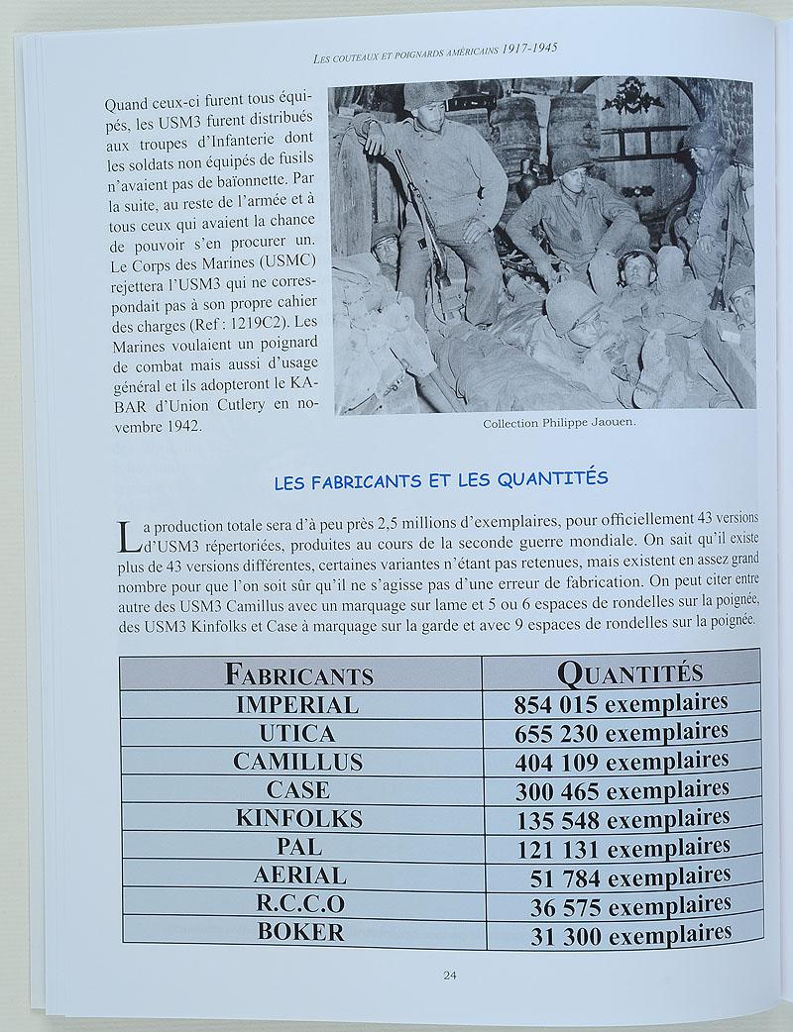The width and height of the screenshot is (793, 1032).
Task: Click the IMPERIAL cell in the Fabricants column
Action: [296, 705]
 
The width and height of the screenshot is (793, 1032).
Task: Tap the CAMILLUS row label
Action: [297, 762]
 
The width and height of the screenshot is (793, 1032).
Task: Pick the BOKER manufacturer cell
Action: [300, 932]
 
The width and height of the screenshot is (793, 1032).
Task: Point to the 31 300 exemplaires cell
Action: [630, 933]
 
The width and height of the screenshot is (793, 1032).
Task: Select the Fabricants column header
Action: [298, 675]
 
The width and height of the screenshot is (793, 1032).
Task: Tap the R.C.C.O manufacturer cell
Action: [299, 903]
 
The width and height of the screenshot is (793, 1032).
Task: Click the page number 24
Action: [449, 975]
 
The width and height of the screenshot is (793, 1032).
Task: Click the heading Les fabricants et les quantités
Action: [439, 478]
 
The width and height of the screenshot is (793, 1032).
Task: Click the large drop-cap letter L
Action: [128, 535]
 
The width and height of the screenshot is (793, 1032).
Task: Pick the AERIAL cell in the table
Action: [299, 876]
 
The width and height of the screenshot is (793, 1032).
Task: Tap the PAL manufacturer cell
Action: [299, 847]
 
